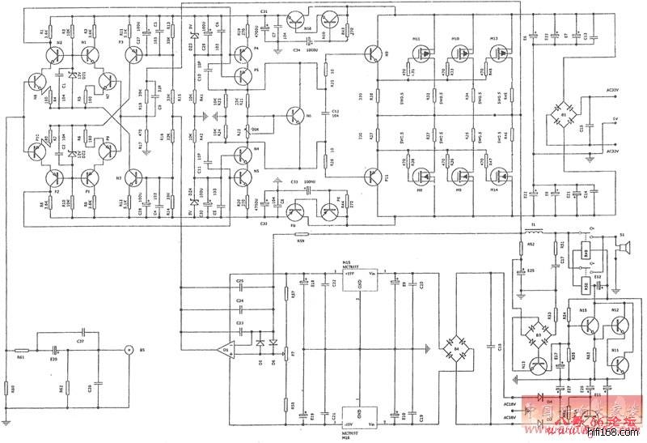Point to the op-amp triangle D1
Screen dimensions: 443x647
point(229,350)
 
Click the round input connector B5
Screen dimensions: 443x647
point(128,351)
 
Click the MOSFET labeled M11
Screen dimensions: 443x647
point(420,52)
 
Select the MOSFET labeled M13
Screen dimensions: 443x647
point(497,52)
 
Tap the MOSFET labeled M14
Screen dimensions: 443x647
point(497,175)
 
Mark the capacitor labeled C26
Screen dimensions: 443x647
point(97,381)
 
